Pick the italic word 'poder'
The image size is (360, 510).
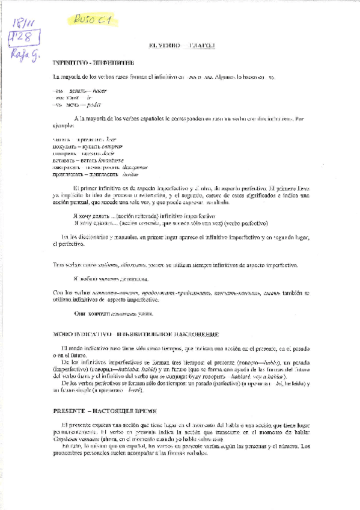tap(96, 104)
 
